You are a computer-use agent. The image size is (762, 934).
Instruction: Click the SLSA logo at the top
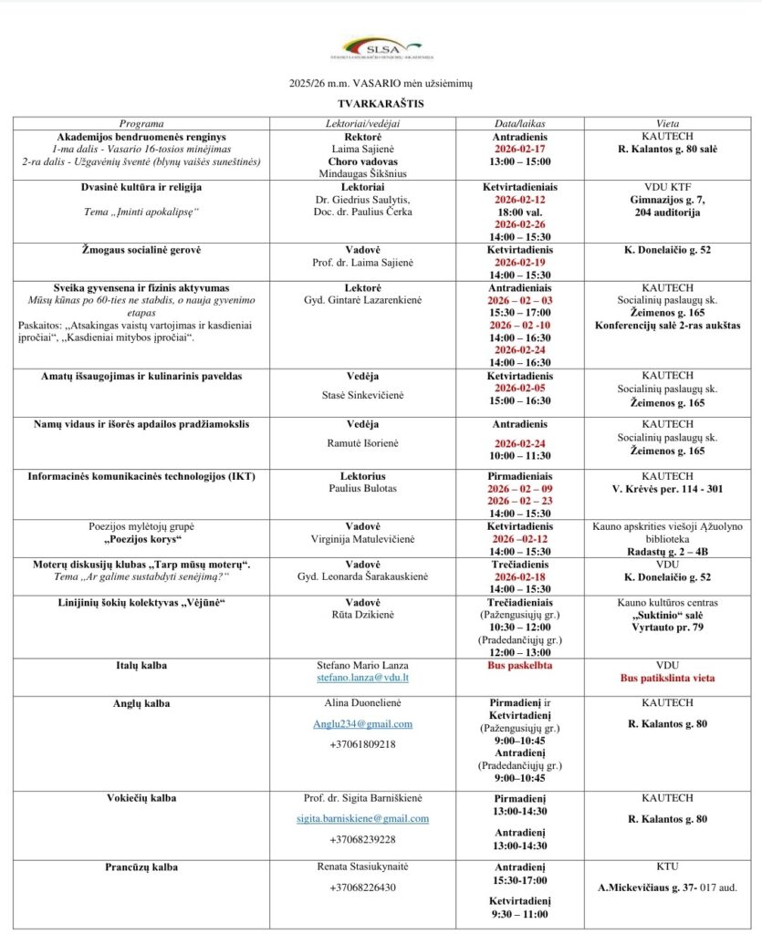coord(381,48)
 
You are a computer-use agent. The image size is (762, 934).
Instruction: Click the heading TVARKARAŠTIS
coord(381,104)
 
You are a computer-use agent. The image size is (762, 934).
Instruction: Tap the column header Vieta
coord(667,123)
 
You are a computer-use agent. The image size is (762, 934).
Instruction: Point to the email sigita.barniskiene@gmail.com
coord(362,818)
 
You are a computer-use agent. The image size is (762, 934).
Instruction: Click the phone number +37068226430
coord(363,887)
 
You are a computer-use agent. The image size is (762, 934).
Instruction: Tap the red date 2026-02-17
coord(519,149)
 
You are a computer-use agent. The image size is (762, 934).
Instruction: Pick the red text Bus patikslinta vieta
coord(667,679)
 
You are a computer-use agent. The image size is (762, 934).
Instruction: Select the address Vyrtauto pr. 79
coord(667,627)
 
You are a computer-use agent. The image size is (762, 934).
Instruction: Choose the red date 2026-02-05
coord(519,387)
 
